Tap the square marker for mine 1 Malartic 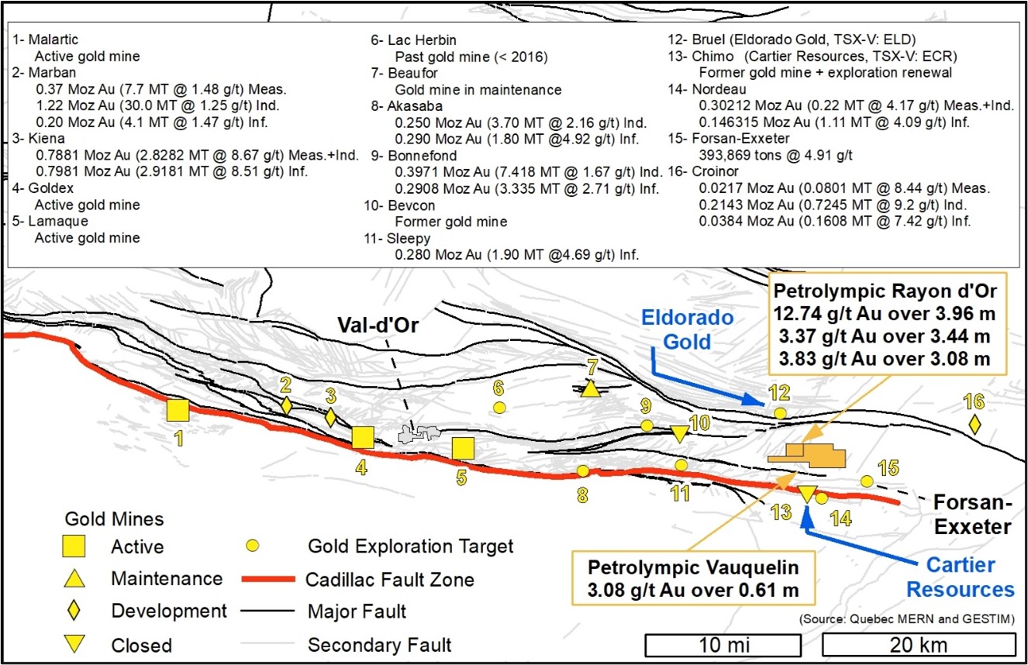178,410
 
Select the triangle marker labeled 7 591,388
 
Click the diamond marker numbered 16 975,424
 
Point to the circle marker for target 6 499,407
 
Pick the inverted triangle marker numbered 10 680,433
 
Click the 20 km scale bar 918,645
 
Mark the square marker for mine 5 463,449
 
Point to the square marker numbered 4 362,438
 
